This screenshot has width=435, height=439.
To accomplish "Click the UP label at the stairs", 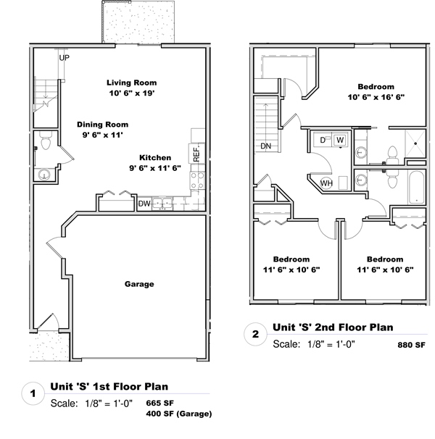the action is tap(65, 58).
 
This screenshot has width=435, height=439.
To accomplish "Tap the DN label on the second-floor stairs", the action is tap(265, 146).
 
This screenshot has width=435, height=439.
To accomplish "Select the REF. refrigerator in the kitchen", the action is tap(196, 154).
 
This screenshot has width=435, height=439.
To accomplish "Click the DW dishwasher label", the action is tap(144, 204).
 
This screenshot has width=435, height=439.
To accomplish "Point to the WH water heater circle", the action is tap(326, 183).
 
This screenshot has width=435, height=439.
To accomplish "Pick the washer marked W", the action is tap(340, 140).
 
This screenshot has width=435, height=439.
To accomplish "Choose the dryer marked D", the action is tap(323, 140).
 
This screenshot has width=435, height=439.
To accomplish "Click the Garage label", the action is tap(139, 284).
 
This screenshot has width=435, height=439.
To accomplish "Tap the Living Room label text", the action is tap(131, 83).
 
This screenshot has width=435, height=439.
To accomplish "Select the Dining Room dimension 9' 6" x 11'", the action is tap(102, 135).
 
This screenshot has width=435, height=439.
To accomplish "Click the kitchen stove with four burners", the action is tap(197, 181).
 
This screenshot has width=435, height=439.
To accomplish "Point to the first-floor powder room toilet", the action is tap(46, 141).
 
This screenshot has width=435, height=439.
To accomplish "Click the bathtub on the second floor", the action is tap(416, 188).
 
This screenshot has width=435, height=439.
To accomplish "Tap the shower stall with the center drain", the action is tap(415, 143).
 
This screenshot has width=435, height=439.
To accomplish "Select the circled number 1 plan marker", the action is tap(33, 393).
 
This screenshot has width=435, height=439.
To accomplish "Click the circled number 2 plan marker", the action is tap(255, 334).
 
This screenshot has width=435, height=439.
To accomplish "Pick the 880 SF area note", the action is tap(411, 345).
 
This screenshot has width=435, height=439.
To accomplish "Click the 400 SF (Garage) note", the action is tap(179, 414).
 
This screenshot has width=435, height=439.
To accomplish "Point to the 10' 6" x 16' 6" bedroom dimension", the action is tap(376, 97).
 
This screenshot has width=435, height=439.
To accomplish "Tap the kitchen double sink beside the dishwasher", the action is tap(162, 204).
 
